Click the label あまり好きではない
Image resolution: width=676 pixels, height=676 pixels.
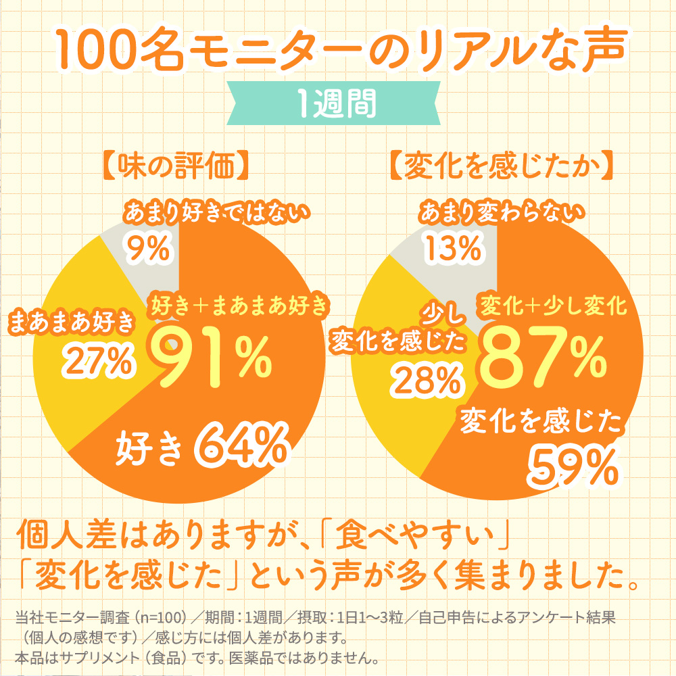tap(216, 215)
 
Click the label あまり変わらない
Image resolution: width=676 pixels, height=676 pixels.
tap(501, 215)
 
